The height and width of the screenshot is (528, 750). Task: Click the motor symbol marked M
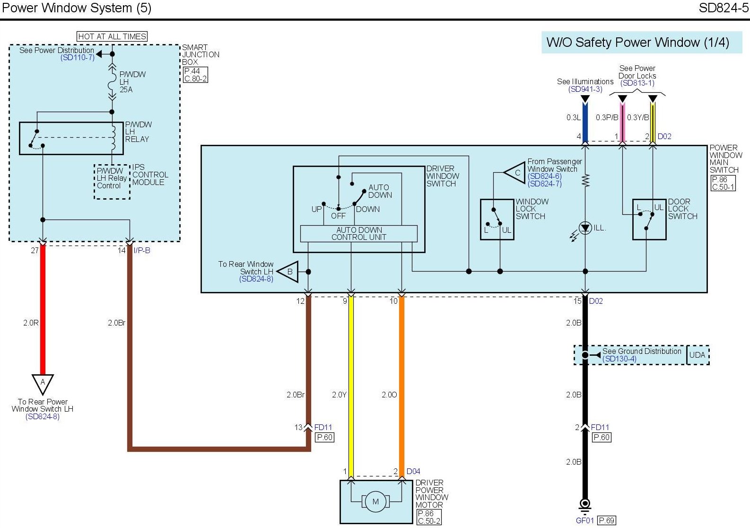375,502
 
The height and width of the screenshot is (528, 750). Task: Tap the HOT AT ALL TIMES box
112,36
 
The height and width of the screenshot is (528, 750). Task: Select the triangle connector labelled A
43,383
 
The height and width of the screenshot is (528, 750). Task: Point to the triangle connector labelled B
288,272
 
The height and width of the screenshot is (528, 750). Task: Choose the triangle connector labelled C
516,173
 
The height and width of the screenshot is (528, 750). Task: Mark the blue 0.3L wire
585,123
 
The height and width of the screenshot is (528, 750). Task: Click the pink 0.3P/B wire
622,123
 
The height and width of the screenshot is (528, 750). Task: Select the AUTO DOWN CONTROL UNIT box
359,234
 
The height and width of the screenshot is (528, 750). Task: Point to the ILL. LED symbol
585,228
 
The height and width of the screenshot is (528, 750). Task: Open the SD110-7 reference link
78,58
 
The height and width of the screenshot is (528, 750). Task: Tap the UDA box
697,355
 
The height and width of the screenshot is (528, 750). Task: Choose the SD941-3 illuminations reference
585,89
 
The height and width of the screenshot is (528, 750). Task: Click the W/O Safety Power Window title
637,43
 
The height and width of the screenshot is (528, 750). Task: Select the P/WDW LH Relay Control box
112,178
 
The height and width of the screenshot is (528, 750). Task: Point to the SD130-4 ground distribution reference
619,359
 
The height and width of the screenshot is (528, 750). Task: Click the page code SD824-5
724,8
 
